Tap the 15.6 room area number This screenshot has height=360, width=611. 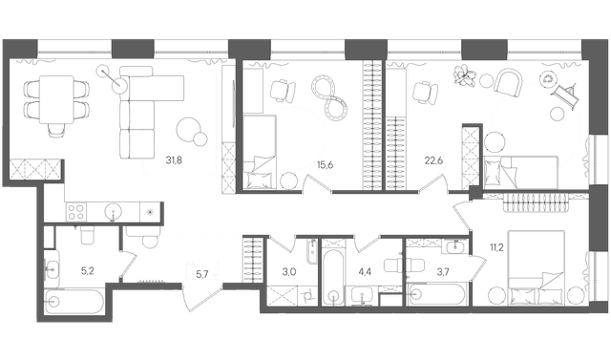pos(325,165)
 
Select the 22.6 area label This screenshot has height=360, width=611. pos(434,160)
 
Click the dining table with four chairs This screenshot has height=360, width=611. pos(52,97)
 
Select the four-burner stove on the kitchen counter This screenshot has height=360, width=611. pos(79,209)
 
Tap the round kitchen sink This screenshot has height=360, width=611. pos(114,210)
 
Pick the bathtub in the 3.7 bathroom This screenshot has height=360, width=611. pos(435,293)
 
